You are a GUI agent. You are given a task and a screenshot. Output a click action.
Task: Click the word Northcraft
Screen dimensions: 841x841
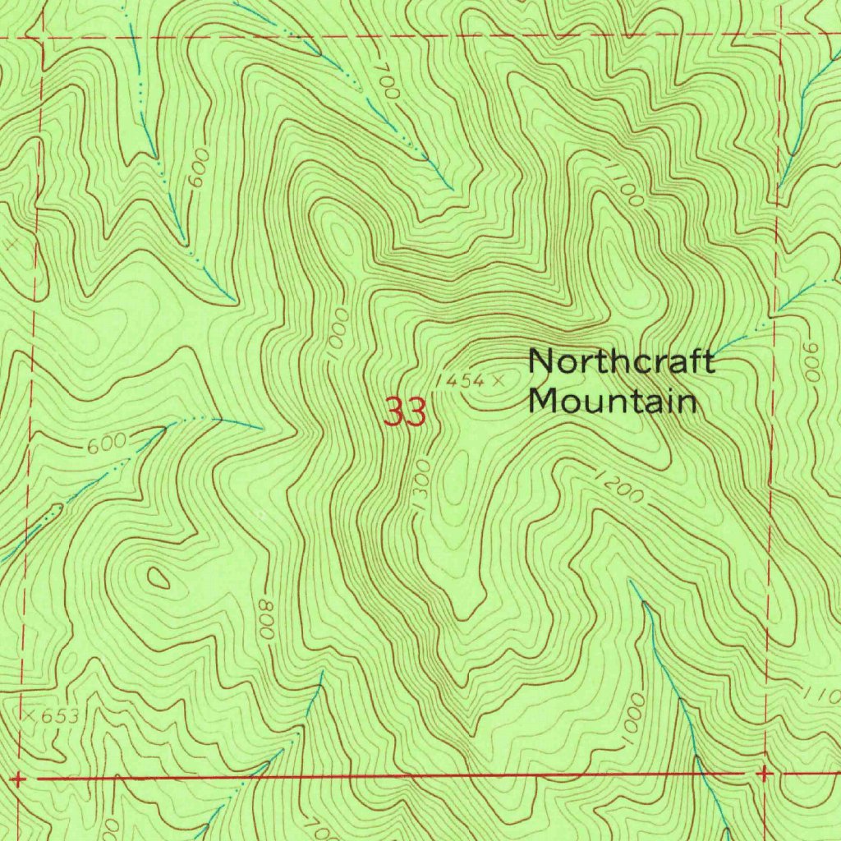point(621,361)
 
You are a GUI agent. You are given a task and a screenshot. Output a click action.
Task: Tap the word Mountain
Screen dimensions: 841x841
point(613,402)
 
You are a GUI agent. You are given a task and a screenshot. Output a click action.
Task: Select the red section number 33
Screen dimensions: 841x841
point(406,412)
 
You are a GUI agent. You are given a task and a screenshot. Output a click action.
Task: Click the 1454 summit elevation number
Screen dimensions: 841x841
point(460,380)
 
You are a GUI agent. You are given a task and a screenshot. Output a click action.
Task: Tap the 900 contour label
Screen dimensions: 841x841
point(813,361)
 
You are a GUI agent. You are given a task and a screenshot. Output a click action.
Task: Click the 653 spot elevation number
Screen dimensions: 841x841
point(61,716)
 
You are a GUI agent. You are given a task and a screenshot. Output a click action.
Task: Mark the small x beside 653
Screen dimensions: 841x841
point(30,716)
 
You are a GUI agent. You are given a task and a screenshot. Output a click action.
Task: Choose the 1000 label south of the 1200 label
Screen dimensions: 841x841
point(634,721)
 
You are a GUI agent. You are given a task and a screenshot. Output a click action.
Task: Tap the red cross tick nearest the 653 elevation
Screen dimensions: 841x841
point(19,777)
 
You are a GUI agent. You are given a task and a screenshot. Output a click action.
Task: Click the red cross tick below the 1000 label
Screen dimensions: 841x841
point(764,774)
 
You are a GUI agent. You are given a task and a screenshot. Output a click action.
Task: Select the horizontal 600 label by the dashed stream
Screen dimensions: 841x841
point(106,444)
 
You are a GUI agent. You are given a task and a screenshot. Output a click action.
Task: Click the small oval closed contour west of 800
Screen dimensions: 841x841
point(158,577)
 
